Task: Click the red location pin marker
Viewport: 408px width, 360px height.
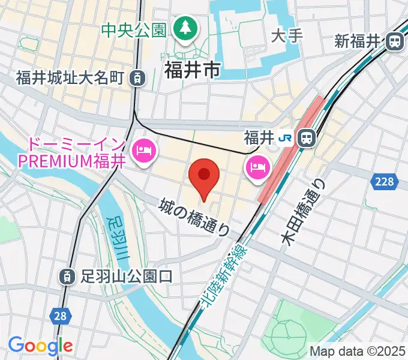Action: [204, 178]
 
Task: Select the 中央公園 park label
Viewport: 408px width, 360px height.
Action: [133, 29]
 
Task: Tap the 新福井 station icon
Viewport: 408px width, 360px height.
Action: [394, 41]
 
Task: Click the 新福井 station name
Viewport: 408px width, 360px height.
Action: [358, 41]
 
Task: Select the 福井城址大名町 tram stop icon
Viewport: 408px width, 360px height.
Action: [138, 77]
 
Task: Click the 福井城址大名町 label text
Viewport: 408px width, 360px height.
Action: [70, 77]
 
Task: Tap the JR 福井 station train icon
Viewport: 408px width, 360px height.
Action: [307, 138]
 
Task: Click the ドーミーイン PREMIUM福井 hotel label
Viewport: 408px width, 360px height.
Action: [71, 153]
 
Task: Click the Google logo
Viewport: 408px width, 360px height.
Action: [40, 346]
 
